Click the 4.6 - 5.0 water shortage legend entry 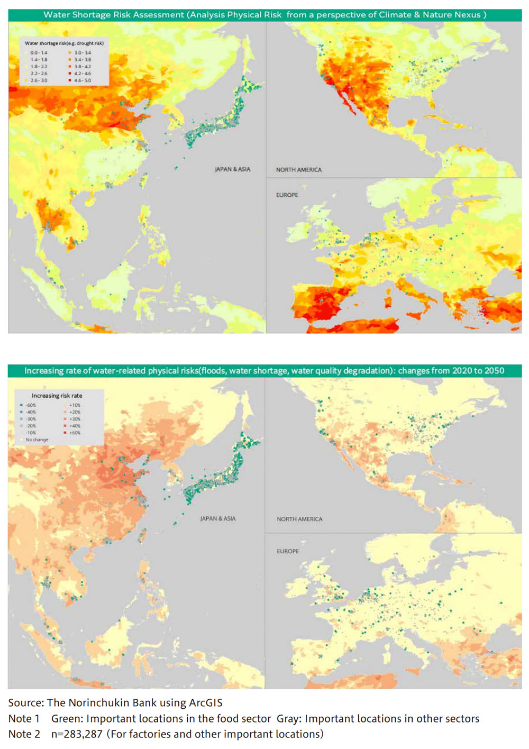82,80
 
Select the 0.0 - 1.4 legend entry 38,53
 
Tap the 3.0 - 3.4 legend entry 82,53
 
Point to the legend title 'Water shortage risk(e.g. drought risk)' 64,43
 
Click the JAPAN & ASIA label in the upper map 232,169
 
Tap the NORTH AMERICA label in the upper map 298,170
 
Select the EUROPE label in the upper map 287,195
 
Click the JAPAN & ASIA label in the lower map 217,519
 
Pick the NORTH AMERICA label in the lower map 299,519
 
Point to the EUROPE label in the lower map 288,551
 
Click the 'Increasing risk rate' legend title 57,396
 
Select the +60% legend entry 74,433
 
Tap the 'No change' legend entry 37,440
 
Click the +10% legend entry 74,405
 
